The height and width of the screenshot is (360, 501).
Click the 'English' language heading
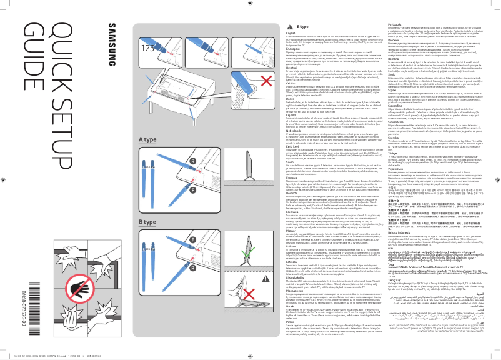(x=291, y=34)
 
